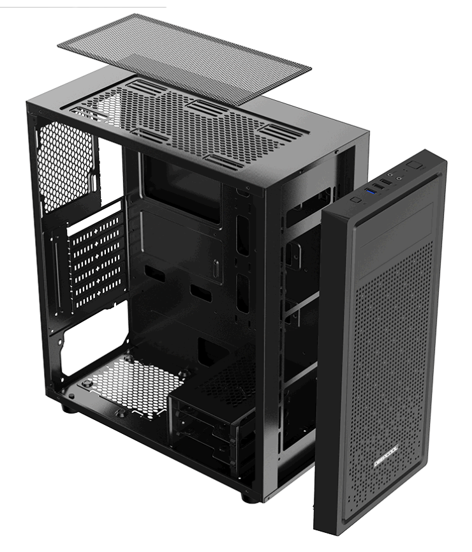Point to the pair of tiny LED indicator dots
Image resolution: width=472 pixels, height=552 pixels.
point(406,172)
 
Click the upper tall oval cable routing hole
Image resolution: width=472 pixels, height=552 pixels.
point(243,232)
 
